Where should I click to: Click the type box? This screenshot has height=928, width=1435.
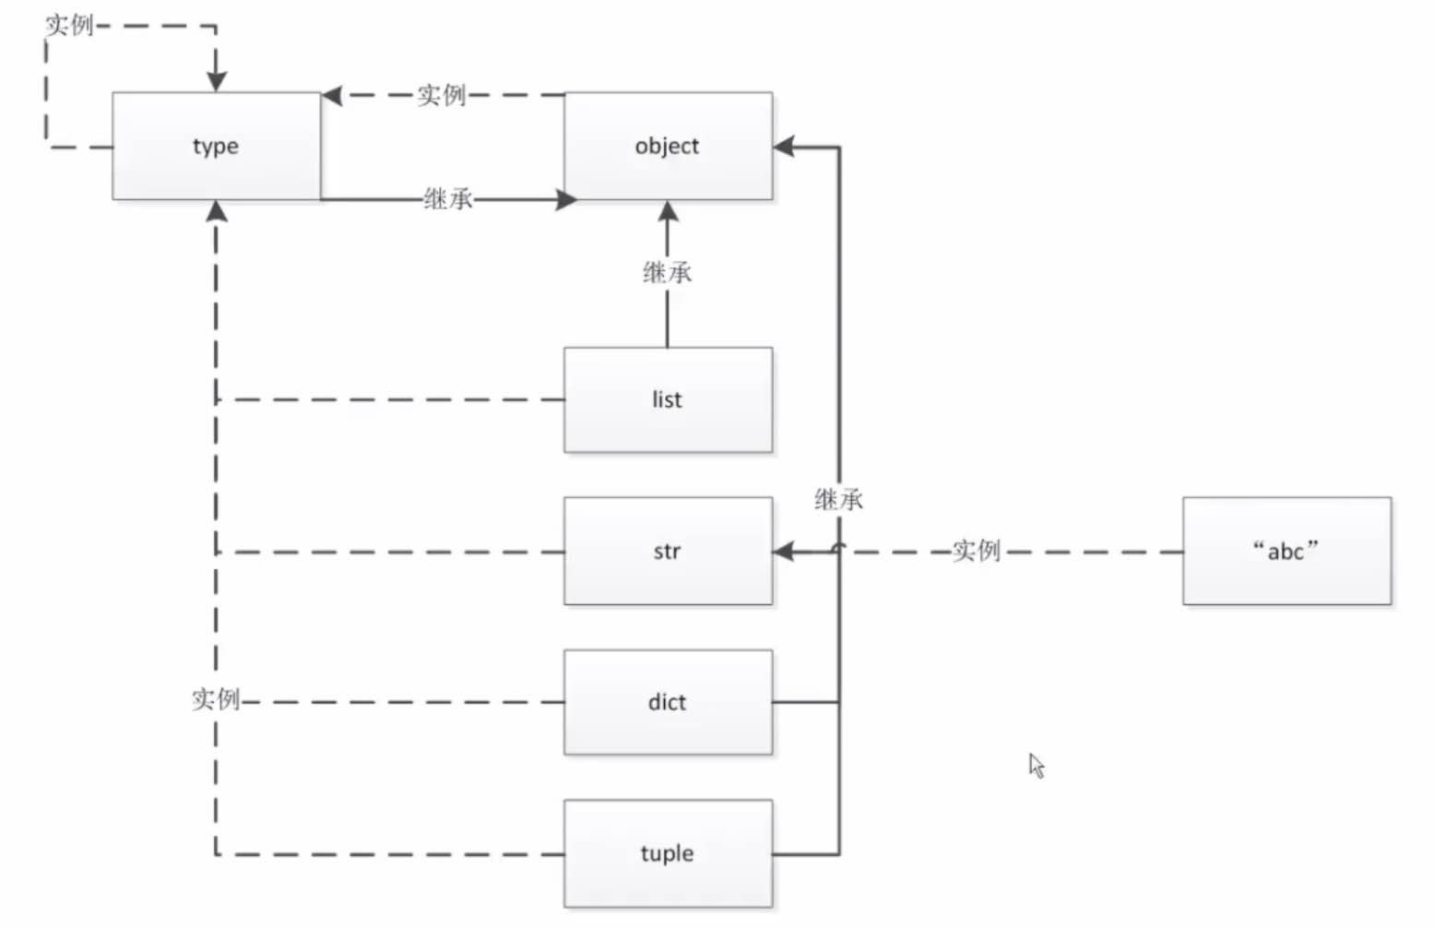pyautogui.click(x=216, y=146)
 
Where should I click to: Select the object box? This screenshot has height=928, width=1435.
pyautogui.click(x=668, y=146)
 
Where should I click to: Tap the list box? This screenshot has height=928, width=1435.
pyautogui.click(x=668, y=399)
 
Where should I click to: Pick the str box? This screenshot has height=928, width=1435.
pyautogui.click(x=668, y=552)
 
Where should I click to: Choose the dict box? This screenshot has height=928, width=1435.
pyautogui.click(x=668, y=702)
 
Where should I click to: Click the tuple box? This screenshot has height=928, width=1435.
pyautogui.click(x=668, y=853)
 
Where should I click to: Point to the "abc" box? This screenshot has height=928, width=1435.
pyautogui.click(x=1287, y=552)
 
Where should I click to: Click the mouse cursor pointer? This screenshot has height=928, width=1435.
pyautogui.click(x=1037, y=765)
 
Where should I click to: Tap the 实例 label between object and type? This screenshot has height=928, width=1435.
pyautogui.click(x=441, y=95)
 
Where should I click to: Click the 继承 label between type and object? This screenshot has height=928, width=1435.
pyautogui.click(x=448, y=198)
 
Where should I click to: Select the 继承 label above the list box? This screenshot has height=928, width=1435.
pyautogui.click(x=667, y=273)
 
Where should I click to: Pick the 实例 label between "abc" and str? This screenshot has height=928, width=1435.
pyautogui.click(x=976, y=552)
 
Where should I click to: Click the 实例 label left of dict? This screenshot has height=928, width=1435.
pyautogui.click(x=216, y=699)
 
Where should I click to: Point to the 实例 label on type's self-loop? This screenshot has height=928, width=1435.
pyautogui.click(x=69, y=25)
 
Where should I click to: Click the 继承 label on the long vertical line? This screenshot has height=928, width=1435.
pyautogui.click(x=838, y=500)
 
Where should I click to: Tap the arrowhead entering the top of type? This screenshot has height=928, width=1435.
pyautogui.click(x=216, y=81)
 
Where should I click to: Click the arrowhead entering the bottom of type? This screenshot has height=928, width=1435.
pyautogui.click(x=216, y=211)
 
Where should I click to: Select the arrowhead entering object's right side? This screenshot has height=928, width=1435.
pyautogui.click(x=785, y=147)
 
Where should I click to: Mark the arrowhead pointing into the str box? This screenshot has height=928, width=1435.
pyautogui.click(x=784, y=552)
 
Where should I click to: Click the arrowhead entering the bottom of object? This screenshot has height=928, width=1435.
pyautogui.click(x=668, y=211)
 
